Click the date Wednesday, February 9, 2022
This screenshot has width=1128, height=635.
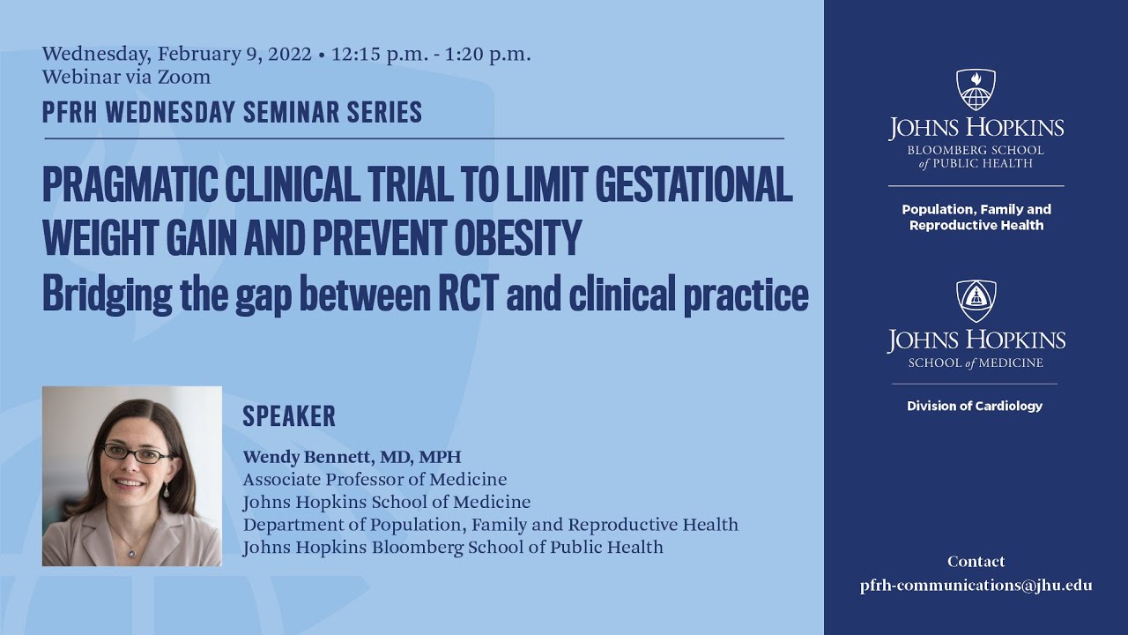(x=176, y=54)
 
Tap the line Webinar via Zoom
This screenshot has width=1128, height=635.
(x=126, y=77)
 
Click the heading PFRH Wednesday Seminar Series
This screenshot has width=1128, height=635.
(x=232, y=112)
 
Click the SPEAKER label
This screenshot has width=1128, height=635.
(x=289, y=416)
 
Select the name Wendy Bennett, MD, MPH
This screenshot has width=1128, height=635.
(x=352, y=457)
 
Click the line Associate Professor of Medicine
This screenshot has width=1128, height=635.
(x=375, y=480)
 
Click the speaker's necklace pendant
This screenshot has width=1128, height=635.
(x=131, y=553)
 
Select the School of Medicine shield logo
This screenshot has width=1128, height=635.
(x=976, y=301)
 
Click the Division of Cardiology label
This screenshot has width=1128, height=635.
(x=975, y=406)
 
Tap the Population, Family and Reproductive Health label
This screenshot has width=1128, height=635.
(x=976, y=217)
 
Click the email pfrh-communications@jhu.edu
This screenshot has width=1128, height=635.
(x=976, y=586)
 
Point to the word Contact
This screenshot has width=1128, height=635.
(x=976, y=562)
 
